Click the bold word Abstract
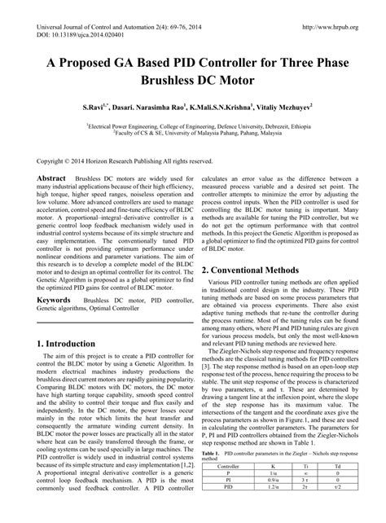52,177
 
